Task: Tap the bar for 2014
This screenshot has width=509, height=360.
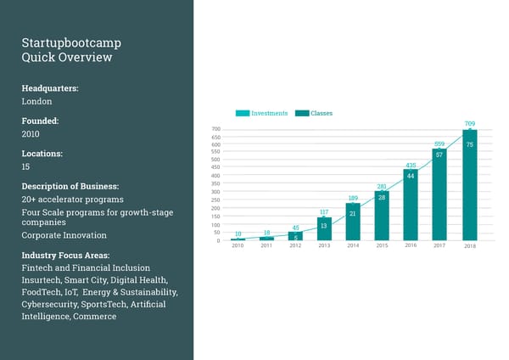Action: [x=353, y=222]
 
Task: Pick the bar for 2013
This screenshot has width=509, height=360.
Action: [x=324, y=229]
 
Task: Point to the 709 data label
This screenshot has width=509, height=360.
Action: [x=470, y=124]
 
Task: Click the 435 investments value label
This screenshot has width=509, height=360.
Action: [x=411, y=165]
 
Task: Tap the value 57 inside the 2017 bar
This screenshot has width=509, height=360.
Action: [x=439, y=155]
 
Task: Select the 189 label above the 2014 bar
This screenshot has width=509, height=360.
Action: [x=353, y=199]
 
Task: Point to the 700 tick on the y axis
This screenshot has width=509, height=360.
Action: [x=215, y=130]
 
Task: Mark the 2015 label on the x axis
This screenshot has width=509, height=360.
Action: [x=382, y=245]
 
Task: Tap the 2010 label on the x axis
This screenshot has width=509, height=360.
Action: [x=238, y=245]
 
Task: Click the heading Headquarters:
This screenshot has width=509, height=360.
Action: [x=51, y=87]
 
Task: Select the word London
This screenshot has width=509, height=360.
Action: [x=36, y=101]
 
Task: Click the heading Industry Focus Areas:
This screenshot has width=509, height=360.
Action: [x=66, y=255]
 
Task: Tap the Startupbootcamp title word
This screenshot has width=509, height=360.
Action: [x=71, y=42]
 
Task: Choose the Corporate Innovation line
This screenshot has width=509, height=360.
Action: [x=64, y=235]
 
